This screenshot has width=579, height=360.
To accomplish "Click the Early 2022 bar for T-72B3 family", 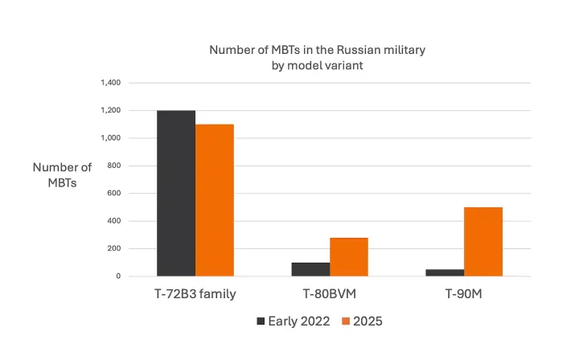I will [x=176, y=193].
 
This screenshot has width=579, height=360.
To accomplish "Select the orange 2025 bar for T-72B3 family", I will [x=215, y=200].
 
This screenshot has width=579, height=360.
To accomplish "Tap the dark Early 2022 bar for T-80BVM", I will [x=310, y=269].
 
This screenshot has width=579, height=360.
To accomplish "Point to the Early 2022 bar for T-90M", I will [x=445, y=272].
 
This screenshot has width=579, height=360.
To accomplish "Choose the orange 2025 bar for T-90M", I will [x=483, y=241].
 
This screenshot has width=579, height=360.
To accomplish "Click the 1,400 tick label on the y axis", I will [x=110, y=83].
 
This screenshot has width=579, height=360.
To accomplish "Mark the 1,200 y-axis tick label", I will [x=110, y=110].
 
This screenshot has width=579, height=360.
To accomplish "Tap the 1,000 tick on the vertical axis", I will [x=110, y=138].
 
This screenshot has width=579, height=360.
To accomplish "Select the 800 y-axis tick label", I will [x=113, y=166].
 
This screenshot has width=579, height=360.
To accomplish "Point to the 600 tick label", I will [x=113, y=193].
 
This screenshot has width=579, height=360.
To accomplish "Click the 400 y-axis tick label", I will [x=113, y=221].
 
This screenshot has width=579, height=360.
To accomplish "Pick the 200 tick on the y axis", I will [x=113, y=248].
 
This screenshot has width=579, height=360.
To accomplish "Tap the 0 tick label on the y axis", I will [x=117, y=276].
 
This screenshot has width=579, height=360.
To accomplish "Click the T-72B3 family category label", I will [x=195, y=294].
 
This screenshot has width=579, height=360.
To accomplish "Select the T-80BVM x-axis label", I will [x=330, y=294].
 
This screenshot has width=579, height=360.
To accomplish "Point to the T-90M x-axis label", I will [x=464, y=294].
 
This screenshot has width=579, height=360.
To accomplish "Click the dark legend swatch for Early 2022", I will [x=261, y=321].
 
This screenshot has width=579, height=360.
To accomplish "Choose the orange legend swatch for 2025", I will [x=346, y=321].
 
